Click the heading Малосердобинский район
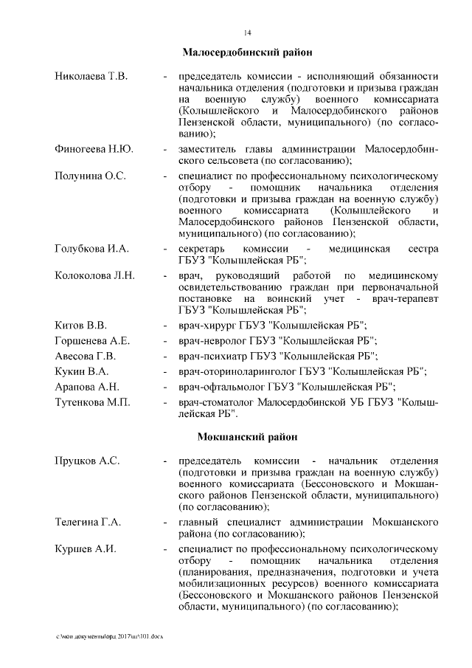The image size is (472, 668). pyautogui.click(x=247, y=52)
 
